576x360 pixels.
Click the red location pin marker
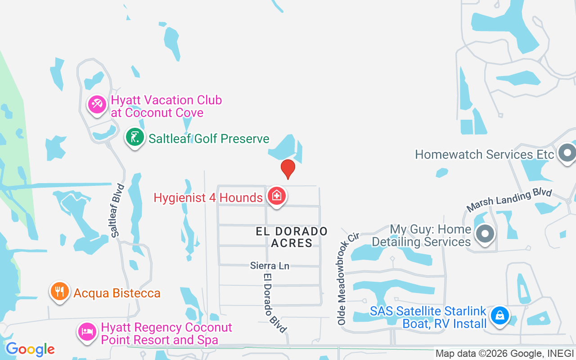pyautogui.click(x=288, y=169)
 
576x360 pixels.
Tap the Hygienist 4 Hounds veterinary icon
pyautogui.click(x=276, y=196)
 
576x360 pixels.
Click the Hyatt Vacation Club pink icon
pyautogui.click(x=97, y=105)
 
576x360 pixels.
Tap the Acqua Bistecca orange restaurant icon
pyautogui.click(x=59, y=292)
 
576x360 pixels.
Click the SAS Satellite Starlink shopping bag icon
pyautogui.click(x=499, y=316)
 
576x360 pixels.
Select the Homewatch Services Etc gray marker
pyautogui.click(x=567, y=153)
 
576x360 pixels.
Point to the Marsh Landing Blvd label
pyautogui.click(x=509, y=200)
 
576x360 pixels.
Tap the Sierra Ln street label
pyautogui.click(x=270, y=265)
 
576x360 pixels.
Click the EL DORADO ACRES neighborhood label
pyautogui.click(x=292, y=237)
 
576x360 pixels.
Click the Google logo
pyautogui.click(x=30, y=349)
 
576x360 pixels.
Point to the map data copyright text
pyautogui.click(x=505, y=354)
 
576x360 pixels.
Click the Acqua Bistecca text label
pyautogui.click(x=117, y=293)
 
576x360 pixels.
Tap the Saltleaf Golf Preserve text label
pyautogui.click(x=209, y=139)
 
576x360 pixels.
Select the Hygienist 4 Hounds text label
pyautogui.click(x=208, y=198)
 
